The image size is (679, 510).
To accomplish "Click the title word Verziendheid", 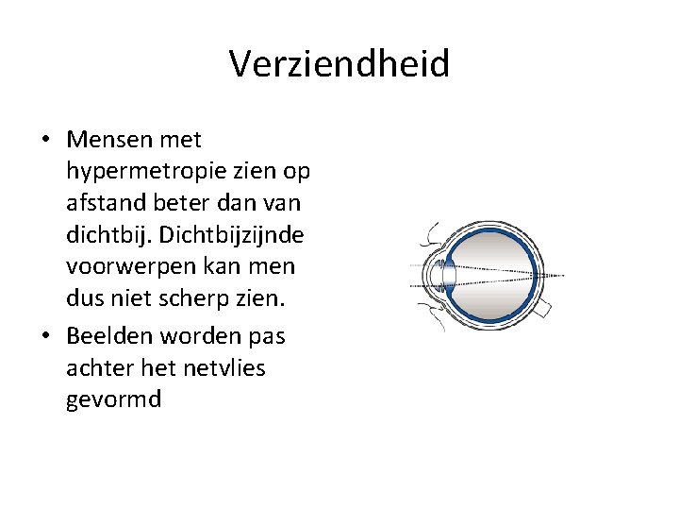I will [x=339, y=64].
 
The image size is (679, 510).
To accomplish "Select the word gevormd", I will [x=114, y=399].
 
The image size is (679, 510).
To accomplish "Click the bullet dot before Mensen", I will [x=45, y=141].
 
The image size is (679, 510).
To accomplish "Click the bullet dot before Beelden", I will [x=45, y=337].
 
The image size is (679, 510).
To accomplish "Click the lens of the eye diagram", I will [x=449, y=276].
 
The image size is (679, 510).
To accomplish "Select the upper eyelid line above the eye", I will [x=431, y=231].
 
